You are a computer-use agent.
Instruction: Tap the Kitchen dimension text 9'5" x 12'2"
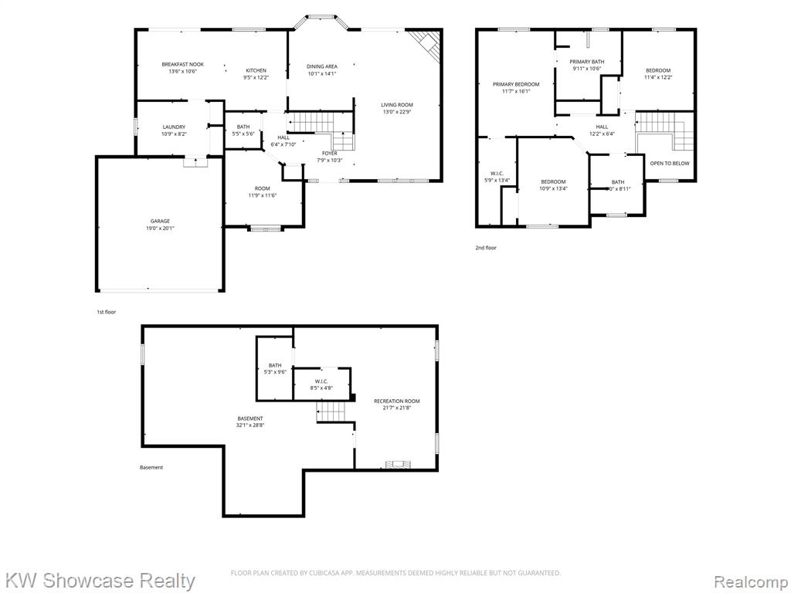pyautogui.click(x=256, y=78)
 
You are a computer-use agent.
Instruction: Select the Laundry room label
pyautogui.click(x=174, y=127)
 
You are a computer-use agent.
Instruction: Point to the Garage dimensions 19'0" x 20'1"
pyautogui.click(x=160, y=229)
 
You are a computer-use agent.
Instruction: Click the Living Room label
pyautogui.click(x=397, y=105)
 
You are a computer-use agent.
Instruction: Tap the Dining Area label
pyautogui.click(x=322, y=66)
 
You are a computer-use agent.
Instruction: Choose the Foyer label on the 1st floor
pyautogui.click(x=330, y=154)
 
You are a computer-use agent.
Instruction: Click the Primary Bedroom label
pyautogui.click(x=516, y=84)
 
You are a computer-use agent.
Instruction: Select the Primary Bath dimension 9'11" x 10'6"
pyautogui.click(x=587, y=69)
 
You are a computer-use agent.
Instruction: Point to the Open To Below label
pyautogui.click(x=670, y=164)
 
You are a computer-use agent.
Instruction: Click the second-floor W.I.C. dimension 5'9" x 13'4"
pyautogui.click(x=497, y=180)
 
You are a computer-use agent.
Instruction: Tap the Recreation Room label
pyautogui.click(x=396, y=402)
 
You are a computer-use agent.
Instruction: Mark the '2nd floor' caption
pyautogui.click(x=486, y=248)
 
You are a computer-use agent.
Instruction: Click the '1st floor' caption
pyautogui.click(x=107, y=312)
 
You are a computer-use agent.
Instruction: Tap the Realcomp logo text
pyautogui.click(x=751, y=581)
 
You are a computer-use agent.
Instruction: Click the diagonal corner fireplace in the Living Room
pyautogui.click(x=426, y=46)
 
